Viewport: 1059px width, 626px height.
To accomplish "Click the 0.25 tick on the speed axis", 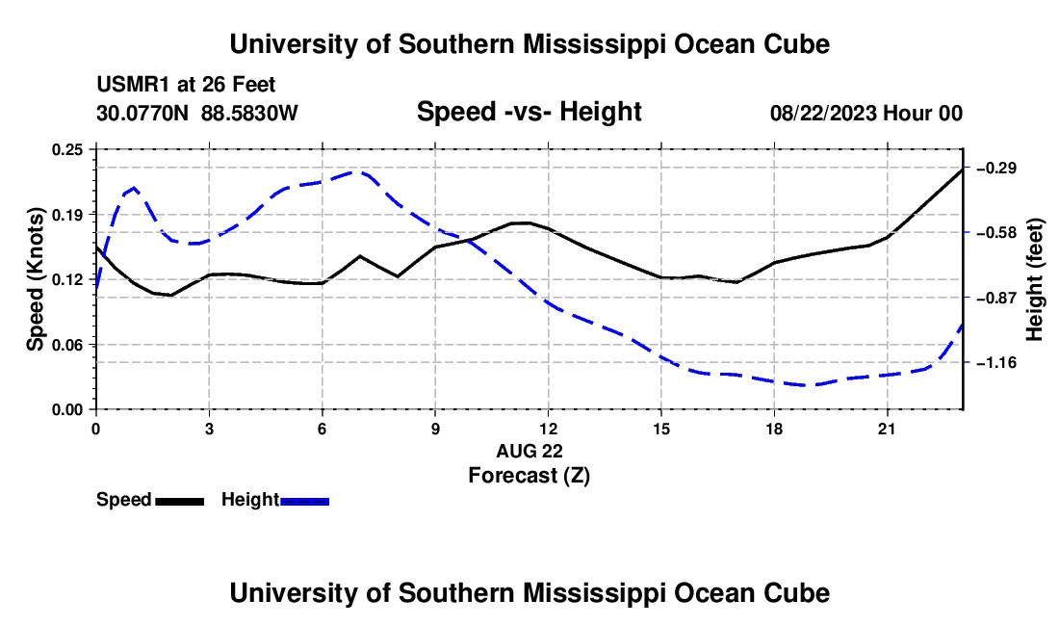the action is click(67, 149).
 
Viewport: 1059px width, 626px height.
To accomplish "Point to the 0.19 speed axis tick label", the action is click(67, 215).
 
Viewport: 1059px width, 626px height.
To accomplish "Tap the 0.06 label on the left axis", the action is click(67, 345).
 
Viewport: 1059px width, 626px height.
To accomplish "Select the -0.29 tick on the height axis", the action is click(996, 168).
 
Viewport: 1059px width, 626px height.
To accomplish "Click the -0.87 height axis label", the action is click(996, 298).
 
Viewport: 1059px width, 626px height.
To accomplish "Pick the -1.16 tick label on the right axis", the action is click(996, 363).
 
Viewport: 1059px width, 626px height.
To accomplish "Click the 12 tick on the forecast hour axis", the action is click(549, 429).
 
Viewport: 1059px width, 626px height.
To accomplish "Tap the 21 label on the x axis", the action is click(886, 429).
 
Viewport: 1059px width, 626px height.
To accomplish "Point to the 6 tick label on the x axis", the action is click(323, 429).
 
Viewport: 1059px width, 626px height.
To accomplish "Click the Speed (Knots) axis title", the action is click(35, 279).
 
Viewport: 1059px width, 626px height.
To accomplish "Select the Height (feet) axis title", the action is click(1034, 279).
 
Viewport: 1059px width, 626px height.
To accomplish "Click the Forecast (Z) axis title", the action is click(529, 476).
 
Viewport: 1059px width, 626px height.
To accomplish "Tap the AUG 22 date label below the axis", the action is click(529, 451).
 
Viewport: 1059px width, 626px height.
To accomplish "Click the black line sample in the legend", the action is click(180, 502).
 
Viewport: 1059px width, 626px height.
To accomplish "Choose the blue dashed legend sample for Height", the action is click(304, 502).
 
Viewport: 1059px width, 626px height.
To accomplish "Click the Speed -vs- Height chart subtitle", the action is click(529, 112).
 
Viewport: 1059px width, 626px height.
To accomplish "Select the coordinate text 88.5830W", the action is click(249, 113).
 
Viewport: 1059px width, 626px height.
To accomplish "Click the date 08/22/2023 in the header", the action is click(823, 113).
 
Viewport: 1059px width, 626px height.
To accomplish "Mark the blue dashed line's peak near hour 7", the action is click(358, 171).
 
